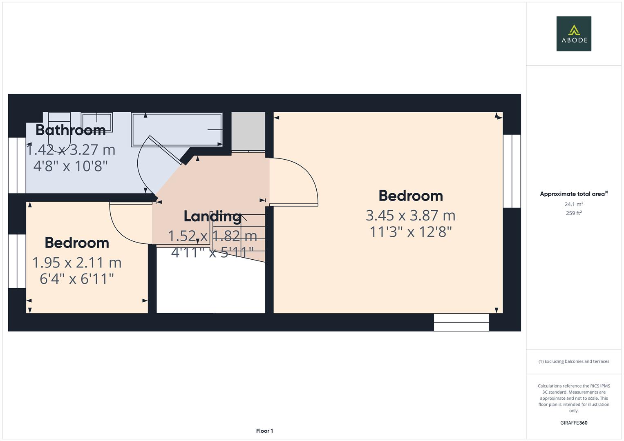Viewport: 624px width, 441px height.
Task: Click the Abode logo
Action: (x=574, y=33)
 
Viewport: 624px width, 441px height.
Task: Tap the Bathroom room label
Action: (x=70, y=130)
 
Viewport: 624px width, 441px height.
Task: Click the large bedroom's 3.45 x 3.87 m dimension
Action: (x=411, y=216)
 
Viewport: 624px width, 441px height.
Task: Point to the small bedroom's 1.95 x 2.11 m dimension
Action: (x=77, y=263)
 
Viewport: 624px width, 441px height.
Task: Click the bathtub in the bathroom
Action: (x=177, y=130)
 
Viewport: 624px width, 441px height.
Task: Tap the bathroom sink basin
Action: (x=97, y=122)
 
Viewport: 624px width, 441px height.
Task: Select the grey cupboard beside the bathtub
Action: (x=248, y=132)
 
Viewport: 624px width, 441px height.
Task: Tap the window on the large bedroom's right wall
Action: (x=512, y=171)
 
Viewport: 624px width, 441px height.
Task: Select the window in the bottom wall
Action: (x=461, y=323)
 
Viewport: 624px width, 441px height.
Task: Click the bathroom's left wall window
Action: (x=17, y=165)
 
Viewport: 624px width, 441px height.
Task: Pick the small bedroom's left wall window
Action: (x=17, y=261)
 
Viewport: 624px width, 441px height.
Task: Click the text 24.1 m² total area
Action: (x=574, y=204)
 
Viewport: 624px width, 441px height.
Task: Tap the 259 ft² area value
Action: (x=574, y=213)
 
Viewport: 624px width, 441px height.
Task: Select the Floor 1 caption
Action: (x=264, y=431)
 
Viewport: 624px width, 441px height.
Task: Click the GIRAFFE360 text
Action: (x=574, y=423)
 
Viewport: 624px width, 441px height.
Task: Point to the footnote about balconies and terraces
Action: (x=574, y=361)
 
